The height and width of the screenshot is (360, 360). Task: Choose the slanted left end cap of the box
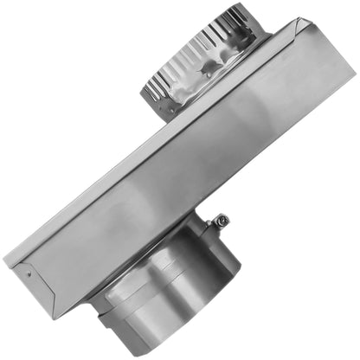point(26,268)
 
